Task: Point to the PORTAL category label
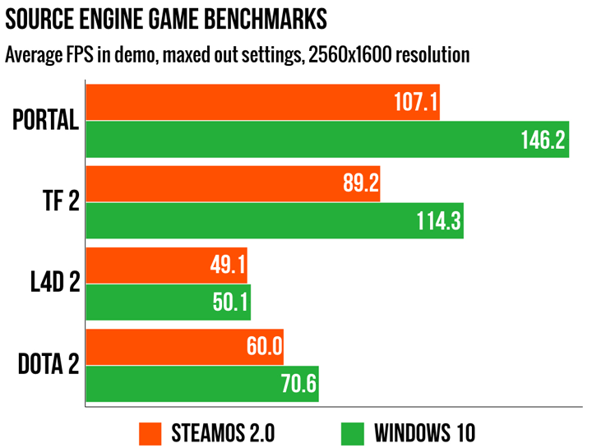point(46,121)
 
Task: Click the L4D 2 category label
point(51,284)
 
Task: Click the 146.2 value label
point(543,141)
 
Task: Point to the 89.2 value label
point(358,185)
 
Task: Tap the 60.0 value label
point(263,348)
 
